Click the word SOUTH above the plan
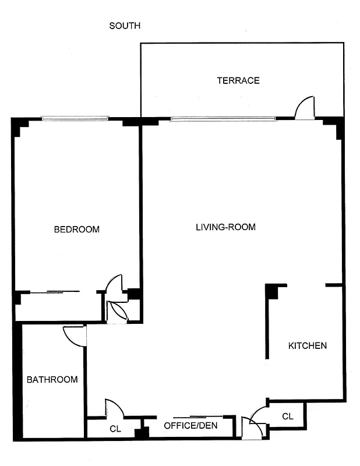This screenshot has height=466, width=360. [125, 26]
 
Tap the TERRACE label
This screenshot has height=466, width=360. [238, 80]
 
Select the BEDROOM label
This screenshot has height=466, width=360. [76, 229]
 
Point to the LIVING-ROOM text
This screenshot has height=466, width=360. [225, 227]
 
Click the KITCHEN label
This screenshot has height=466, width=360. [308, 345]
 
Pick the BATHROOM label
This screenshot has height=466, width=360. [52, 380]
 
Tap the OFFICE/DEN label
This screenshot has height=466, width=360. [190, 426]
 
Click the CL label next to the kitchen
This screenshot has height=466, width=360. [288, 416]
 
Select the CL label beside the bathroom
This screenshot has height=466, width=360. [115, 429]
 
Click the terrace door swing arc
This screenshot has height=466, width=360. [305, 108]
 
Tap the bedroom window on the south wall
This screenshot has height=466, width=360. [75, 119]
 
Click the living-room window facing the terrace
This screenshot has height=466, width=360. [223, 119]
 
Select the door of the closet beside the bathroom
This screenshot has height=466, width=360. [113, 408]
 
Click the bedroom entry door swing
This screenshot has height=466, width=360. [114, 283]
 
